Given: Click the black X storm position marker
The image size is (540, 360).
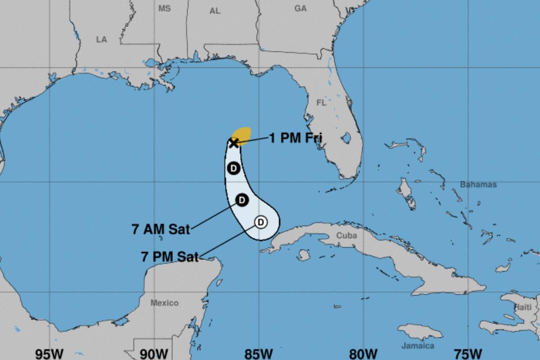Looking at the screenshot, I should (234, 143).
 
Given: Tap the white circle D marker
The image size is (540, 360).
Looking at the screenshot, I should (261, 222).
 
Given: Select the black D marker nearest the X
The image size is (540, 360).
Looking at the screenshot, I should (234, 168).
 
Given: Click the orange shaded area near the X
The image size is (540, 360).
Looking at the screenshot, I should (243, 134).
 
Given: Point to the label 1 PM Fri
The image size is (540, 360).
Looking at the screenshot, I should (296, 138).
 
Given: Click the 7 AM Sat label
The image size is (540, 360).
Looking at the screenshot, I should (161, 229).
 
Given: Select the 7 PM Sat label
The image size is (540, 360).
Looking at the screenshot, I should (170, 257).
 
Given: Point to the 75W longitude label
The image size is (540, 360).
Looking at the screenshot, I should (468, 353).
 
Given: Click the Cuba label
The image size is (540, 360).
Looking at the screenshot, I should (346, 235).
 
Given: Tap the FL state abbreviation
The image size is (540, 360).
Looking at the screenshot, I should (321, 103).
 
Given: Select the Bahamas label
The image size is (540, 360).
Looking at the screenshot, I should (478, 184).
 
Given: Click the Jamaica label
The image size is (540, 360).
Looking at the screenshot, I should (418, 346).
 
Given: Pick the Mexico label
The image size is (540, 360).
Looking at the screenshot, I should (164, 303).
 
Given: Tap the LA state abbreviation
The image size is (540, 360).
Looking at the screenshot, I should (102, 40).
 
